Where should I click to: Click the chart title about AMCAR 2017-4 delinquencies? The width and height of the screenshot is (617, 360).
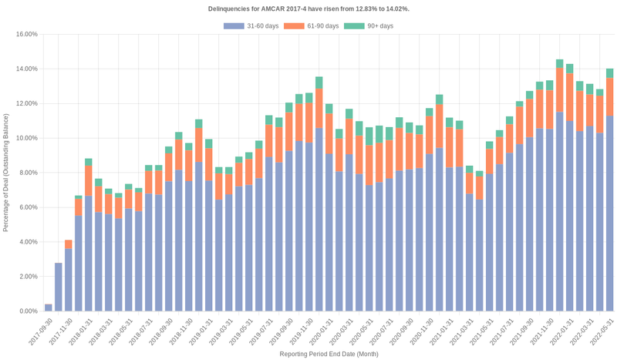tap(308, 8)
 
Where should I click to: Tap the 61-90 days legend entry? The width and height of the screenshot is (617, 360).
tap(311, 26)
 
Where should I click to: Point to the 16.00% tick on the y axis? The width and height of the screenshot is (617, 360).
tap(26, 35)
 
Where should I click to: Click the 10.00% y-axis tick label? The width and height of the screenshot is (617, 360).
tap(26, 138)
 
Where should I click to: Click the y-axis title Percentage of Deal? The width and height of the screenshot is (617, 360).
tap(6, 173)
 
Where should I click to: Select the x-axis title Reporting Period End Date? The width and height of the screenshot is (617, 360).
tap(329, 354)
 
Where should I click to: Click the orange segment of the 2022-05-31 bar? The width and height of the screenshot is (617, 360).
tap(609, 97)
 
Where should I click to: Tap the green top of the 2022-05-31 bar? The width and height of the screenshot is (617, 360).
tap(609, 73)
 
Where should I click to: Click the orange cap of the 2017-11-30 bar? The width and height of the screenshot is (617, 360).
tap(68, 244)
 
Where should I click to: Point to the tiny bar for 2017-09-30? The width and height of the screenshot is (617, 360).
tap(48, 308)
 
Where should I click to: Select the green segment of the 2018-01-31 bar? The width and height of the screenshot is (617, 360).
tap(88, 162)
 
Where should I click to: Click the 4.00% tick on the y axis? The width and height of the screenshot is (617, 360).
tap(26, 242)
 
